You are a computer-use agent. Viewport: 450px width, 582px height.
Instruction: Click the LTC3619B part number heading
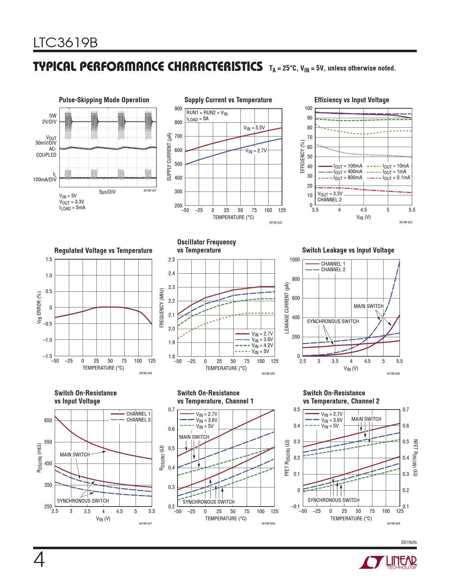pyautogui.click(x=65, y=43)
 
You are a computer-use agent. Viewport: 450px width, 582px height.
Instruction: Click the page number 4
pyautogui.click(x=39, y=560)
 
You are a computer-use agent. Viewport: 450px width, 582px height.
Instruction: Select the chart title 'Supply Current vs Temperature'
pyautogui.click(x=228, y=100)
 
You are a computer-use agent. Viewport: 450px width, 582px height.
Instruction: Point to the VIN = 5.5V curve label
pyautogui.click(x=254, y=128)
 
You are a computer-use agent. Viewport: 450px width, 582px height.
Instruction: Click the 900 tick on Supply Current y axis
pyautogui.click(x=178, y=109)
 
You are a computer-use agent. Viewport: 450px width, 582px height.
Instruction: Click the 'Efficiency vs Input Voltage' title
pyautogui.click(x=352, y=100)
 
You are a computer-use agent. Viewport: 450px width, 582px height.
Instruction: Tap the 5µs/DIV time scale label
pyautogui.click(x=107, y=192)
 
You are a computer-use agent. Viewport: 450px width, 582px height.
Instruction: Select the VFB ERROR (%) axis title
pyautogui.click(x=39, y=308)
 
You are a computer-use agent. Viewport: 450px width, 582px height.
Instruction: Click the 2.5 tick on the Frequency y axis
pyautogui.click(x=172, y=260)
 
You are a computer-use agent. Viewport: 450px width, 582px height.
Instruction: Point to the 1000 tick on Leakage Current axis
pyautogui.click(x=294, y=260)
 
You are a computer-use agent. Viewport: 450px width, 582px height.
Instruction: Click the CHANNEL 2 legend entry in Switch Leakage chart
pyautogui.click(x=333, y=269)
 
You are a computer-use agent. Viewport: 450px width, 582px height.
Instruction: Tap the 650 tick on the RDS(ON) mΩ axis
pyautogui.click(x=48, y=420)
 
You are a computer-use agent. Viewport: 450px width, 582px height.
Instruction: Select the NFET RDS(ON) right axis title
pyautogui.click(x=415, y=457)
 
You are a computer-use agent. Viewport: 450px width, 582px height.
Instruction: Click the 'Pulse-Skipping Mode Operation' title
pyautogui.click(x=104, y=100)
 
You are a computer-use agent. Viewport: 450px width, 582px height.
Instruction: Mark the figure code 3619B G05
pyautogui.click(x=268, y=374)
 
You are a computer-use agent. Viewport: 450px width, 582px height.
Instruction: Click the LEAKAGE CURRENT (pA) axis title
pyautogui.click(x=287, y=308)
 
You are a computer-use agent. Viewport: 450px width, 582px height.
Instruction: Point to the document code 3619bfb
pyautogui.click(x=408, y=542)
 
